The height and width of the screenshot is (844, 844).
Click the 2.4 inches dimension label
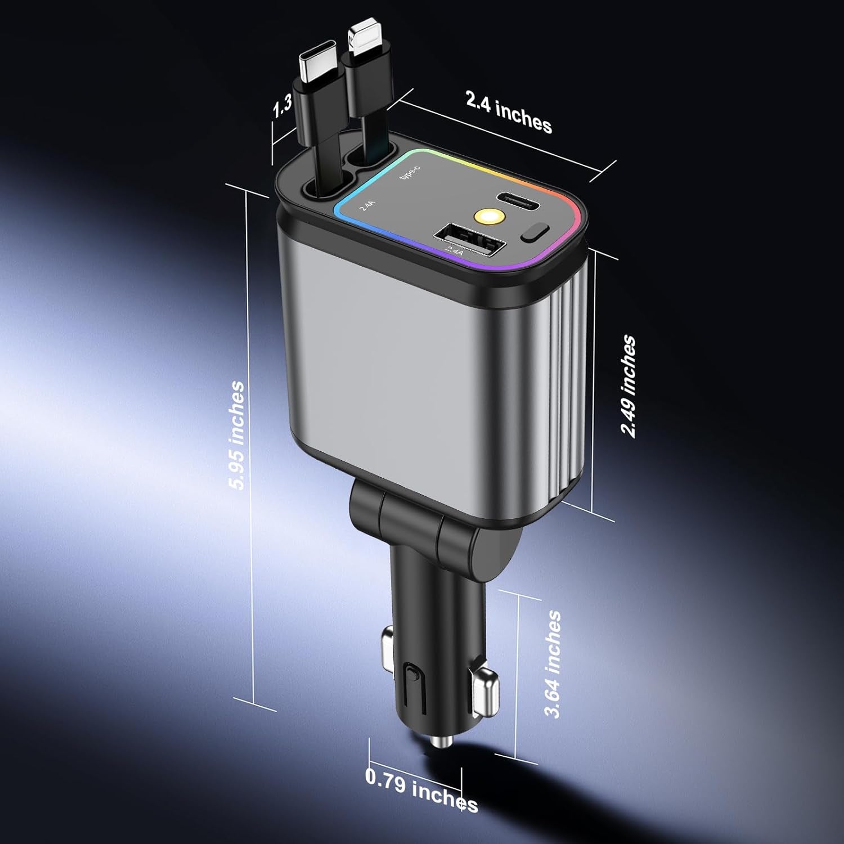click(x=508, y=111)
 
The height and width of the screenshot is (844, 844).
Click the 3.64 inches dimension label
click(x=554, y=664)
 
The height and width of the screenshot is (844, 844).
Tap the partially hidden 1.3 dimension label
click(x=283, y=106)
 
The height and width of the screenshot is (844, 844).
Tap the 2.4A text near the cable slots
click(x=367, y=206)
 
